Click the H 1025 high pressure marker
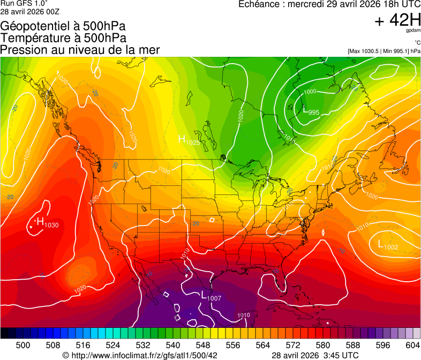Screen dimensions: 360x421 [189, 140]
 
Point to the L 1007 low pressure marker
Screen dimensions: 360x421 [210, 295]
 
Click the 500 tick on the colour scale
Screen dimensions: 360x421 [23, 345]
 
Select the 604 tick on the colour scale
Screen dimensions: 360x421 [412, 345]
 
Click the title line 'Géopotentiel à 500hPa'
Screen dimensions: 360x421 [63, 26]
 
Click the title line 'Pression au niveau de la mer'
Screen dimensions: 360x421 [80, 50]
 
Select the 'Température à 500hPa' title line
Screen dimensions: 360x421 [63, 38]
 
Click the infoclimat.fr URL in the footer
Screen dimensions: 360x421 [140, 355]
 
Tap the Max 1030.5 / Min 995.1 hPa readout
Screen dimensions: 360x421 [384, 51]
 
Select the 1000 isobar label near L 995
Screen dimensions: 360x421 [310, 92]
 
